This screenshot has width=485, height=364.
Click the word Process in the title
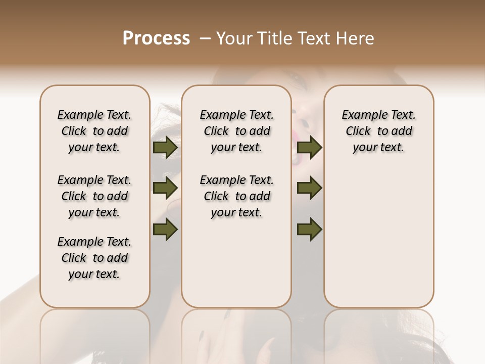[156, 38]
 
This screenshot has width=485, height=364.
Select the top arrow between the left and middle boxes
[165, 148]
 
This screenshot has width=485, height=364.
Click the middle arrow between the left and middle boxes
[165, 188]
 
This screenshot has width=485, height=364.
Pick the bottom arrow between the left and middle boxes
[165, 229]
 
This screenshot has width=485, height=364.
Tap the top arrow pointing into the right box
[310, 148]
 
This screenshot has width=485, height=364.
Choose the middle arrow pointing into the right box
[310, 188]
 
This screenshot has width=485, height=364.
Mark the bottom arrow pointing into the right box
[310, 229]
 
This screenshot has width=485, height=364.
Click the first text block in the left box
[94, 131]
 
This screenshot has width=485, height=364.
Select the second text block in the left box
[94, 196]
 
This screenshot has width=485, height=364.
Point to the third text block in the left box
[94, 258]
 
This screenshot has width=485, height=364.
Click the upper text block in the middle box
[236, 131]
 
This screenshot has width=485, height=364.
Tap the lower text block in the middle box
[236, 196]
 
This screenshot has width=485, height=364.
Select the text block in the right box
[378, 131]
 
